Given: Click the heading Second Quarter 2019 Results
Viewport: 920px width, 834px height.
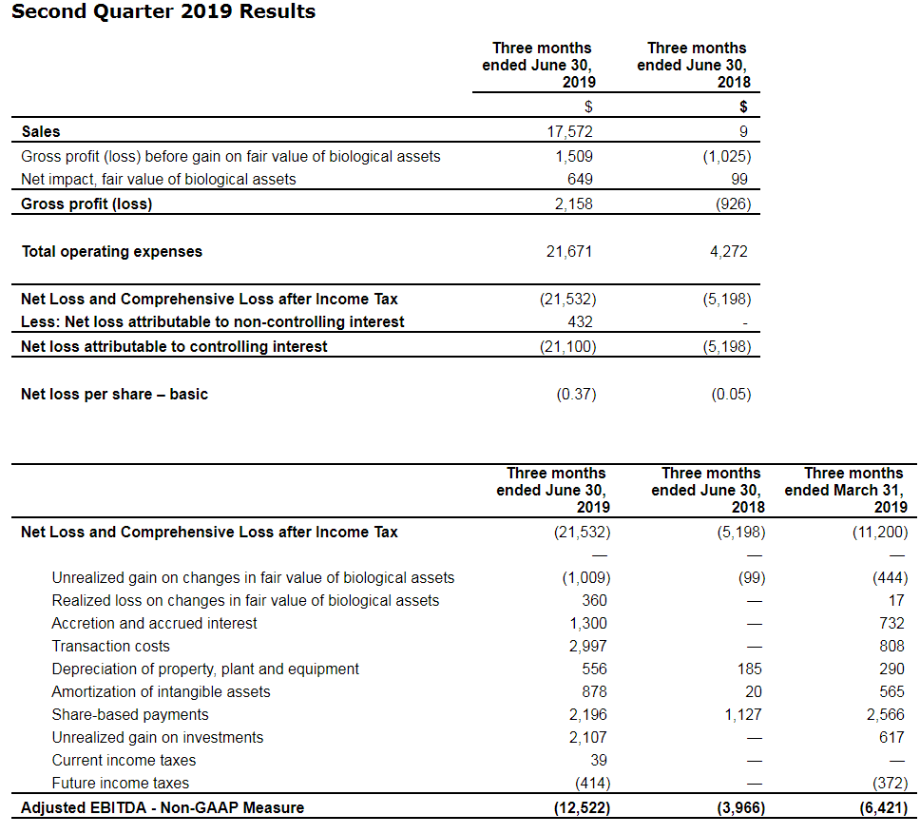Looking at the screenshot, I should [x=163, y=12].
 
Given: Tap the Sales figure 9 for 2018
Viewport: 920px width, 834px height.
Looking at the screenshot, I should [x=743, y=132].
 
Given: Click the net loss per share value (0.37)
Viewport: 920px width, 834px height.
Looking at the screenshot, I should [x=576, y=394].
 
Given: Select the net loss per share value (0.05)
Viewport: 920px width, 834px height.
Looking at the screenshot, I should [x=731, y=394].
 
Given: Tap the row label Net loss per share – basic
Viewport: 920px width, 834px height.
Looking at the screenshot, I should [x=114, y=394].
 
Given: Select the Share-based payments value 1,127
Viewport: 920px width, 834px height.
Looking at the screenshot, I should [x=743, y=715].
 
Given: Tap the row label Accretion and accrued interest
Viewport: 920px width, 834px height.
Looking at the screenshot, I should [x=154, y=624].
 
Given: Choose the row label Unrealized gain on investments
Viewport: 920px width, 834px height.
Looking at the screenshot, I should [x=157, y=738].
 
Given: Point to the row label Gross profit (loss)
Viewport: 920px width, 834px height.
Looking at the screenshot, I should [x=86, y=204].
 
